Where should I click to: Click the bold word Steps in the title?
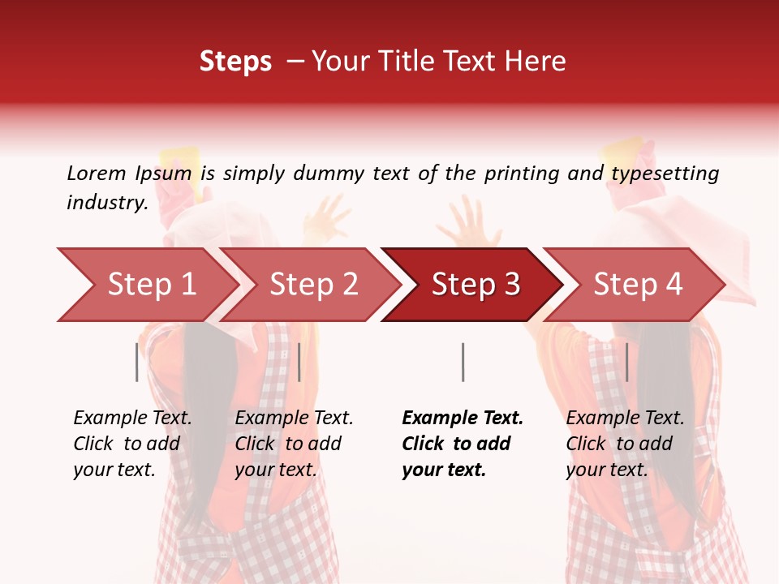coord(235,62)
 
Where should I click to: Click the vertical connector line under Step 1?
coord(137,362)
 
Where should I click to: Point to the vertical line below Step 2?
coord(299,362)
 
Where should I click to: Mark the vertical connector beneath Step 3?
coord(463,362)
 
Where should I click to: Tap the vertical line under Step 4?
coord(626,362)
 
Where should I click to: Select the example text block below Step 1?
coord(132,444)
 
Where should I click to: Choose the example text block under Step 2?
coord(294,444)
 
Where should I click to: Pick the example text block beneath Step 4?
coord(625,444)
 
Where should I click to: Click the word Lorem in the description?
coord(96,174)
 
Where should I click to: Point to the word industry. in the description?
coord(107,203)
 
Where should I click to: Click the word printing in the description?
coord(530,174)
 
